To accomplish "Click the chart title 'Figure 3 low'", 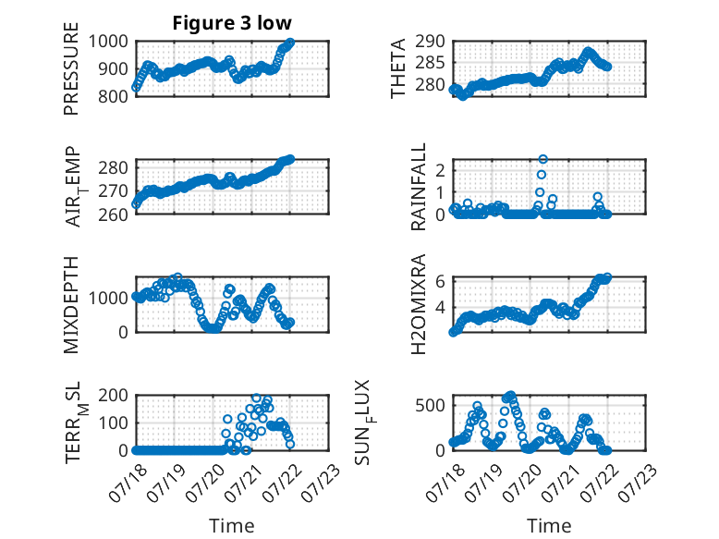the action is click(x=232, y=23).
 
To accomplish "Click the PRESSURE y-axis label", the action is click(x=71, y=68).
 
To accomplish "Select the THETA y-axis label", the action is click(x=398, y=68).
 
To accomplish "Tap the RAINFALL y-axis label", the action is click(x=419, y=187).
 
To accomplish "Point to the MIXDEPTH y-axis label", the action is click(x=71, y=305).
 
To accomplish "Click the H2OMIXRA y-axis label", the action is click(x=419, y=304).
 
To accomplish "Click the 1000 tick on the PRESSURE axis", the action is click(x=108, y=42).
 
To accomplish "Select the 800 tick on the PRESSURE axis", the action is click(x=113, y=97).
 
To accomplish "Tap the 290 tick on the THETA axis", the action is click(x=430, y=42).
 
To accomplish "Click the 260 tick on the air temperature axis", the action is click(x=113, y=214).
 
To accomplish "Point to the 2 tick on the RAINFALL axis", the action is click(x=440, y=171).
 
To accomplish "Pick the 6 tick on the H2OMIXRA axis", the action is click(x=440, y=281).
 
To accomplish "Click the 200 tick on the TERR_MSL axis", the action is click(x=113, y=395).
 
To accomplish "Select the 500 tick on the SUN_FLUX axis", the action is click(x=430, y=406).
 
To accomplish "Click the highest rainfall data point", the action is click(x=542, y=159).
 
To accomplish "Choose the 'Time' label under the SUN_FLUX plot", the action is click(x=549, y=526).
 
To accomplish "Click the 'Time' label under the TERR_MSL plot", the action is click(x=232, y=526).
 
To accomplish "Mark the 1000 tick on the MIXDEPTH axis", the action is click(x=108, y=299).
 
